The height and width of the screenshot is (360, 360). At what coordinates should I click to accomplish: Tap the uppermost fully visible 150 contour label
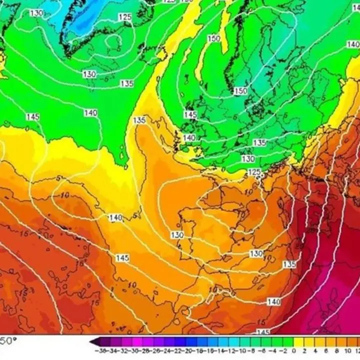(x=214, y=38)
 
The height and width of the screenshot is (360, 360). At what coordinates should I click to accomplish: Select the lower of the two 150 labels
(x=241, y=91)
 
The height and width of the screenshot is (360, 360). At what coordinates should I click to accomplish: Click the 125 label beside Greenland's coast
(x=125, y=17)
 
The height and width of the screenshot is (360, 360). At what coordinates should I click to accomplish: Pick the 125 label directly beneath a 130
(x=254, y=172)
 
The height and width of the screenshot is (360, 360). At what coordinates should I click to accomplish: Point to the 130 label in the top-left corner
(x=36, y=13)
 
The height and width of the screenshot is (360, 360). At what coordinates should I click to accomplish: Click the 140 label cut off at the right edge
(x=353, y=44)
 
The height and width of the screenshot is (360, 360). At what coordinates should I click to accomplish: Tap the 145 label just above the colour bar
(x=263, y=332)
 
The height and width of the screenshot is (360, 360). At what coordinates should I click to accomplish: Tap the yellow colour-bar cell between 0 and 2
(x=298, y=343)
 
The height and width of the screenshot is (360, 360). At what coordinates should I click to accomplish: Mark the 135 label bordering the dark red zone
(x=289, y=264)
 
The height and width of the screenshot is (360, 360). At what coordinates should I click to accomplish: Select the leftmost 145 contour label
(x=32, y=117)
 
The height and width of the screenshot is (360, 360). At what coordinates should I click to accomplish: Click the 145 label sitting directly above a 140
(x=190, y=115)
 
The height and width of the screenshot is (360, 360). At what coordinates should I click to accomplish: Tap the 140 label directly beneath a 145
(x=189, y=137)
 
